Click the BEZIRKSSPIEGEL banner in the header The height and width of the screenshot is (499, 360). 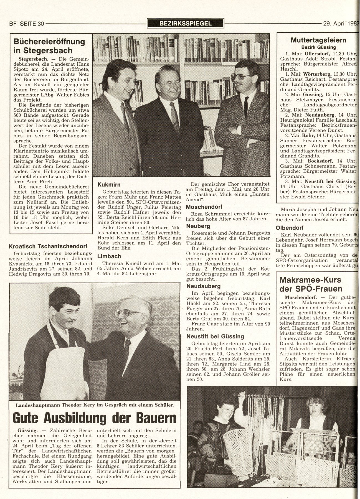click(185, 23)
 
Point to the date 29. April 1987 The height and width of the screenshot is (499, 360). click(341, 24)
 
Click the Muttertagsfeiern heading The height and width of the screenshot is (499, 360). click(318, 40)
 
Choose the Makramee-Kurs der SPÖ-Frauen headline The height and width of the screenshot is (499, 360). click(311, 284)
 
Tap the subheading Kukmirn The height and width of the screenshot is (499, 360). click(109, 185)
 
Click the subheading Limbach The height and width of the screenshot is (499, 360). click(109, 256)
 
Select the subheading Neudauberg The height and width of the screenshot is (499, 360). click(204, 286)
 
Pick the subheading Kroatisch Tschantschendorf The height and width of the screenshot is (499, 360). click(48, 246)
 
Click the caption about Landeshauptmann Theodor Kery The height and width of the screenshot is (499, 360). click(95, 405)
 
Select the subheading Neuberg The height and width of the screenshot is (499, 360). click(198, 226)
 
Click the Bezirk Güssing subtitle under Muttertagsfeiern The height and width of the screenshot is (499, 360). click(318, 47)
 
